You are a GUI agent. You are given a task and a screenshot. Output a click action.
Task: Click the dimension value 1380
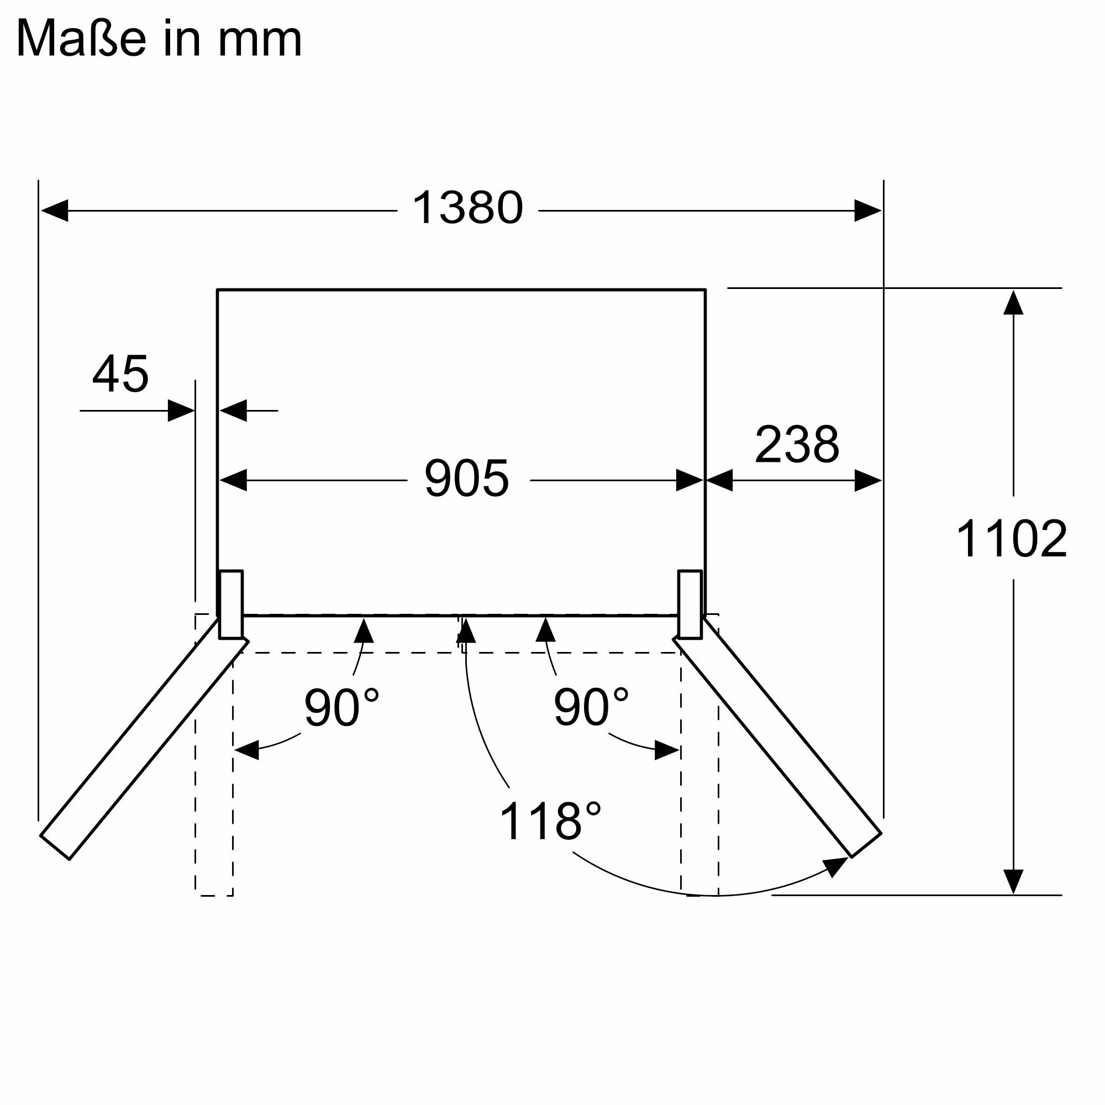click(x=467, y=208)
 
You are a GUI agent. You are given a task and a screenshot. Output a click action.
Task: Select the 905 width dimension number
click(x=466, y=478)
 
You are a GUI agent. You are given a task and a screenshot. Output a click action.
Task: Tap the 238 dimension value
click(x=797, y=444)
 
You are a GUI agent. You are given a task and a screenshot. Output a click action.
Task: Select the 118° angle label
click(x=550, y=822)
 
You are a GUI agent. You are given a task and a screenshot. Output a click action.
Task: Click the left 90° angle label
click(x=341, y=708)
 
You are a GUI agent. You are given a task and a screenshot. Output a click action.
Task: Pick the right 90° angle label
click(x=591, y=707)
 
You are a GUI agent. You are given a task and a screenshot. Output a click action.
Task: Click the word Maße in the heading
click(x=81, y=39)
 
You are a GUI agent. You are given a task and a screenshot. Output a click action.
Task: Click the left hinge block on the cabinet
click(x=231, y=604)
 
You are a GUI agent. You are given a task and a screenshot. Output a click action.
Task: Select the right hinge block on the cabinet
click(x=690, y=604)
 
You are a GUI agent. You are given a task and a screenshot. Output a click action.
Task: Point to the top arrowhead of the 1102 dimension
click(x=1013, y=303)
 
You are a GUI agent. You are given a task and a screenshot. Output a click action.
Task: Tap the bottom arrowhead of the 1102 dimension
click(x=1013, y=881)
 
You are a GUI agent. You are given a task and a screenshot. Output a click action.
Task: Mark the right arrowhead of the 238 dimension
click(x=867, y=481)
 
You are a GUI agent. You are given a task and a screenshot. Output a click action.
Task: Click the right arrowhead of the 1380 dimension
click(x=867, y=211)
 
